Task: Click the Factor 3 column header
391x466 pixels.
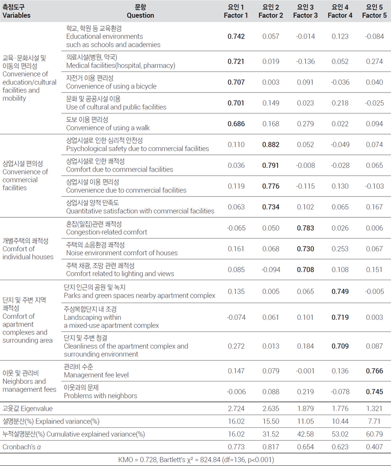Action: point(305,11)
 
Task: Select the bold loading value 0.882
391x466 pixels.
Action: point(271,145)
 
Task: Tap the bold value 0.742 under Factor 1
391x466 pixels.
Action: point(236,37)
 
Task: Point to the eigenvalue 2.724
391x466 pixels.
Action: point(236,409)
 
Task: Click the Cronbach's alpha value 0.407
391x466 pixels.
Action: point(374,447)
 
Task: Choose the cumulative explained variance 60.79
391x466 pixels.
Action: point(374,434)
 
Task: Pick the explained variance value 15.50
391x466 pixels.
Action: point(271,422)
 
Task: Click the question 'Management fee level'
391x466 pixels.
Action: point(96,375)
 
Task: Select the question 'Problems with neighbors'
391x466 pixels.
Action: point(100,396)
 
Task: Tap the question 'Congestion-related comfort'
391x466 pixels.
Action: point(107,232)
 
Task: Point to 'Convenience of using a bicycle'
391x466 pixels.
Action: point(111,86)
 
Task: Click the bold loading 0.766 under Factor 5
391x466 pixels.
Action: point(374,371)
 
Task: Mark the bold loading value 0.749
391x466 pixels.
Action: point(340,291)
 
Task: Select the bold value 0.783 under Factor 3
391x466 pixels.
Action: point(305,228)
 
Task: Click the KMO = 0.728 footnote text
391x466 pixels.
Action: point(195,460)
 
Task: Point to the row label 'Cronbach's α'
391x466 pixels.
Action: point(22,447)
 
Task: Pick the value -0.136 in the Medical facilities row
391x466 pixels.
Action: point(305,62)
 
